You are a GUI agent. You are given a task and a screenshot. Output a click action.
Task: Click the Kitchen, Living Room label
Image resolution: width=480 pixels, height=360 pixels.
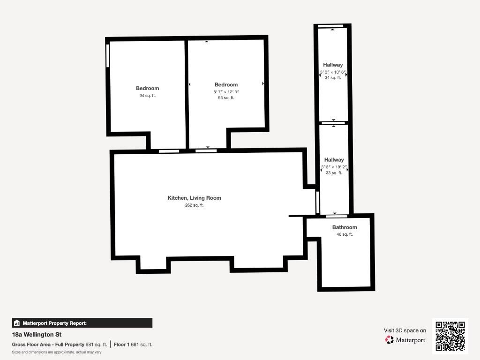coord(194,198)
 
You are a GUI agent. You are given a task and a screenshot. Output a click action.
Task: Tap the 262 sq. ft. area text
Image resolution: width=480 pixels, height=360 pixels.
coord(194,205)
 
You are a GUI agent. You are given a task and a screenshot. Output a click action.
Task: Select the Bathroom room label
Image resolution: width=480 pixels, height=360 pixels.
coord(345,227)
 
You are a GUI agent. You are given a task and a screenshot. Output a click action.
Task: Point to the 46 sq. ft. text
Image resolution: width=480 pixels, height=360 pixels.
coord(345,234)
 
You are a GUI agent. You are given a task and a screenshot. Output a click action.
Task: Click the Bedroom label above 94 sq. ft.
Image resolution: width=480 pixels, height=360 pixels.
coord(147,88)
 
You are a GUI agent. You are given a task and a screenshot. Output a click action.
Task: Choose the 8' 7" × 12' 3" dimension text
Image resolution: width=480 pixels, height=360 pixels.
coord(226,92)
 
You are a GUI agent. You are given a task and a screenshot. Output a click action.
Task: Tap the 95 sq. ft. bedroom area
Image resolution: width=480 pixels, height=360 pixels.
coord(226,97)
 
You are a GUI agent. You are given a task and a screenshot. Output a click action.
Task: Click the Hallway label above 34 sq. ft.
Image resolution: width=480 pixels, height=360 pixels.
coord(333,65)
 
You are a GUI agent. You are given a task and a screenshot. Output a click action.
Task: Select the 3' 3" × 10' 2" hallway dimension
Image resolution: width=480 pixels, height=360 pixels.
coord(334,167)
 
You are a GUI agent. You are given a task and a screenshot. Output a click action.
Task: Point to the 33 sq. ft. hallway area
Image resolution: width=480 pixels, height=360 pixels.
coord(334,172)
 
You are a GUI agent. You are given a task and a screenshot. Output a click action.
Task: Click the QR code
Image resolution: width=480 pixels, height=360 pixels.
coord(450,336)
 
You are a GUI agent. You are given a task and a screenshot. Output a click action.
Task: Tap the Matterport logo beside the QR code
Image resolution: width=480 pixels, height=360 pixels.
coord(405,340)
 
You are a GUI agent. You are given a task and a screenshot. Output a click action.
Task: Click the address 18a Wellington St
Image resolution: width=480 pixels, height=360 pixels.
coord(37,335)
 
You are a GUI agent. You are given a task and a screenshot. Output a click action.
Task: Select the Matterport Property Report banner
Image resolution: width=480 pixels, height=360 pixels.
coord(82,323)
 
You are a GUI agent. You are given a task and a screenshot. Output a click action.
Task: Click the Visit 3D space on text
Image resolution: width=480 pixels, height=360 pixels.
coord(405,330)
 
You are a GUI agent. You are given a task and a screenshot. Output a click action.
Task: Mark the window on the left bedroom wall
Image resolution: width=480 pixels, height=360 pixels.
coord(107,56)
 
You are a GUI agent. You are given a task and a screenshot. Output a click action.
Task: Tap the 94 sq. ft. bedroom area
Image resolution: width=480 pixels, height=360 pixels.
coord(147,96)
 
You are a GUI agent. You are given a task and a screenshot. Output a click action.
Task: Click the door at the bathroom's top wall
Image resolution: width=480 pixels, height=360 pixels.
coord(337,216)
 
